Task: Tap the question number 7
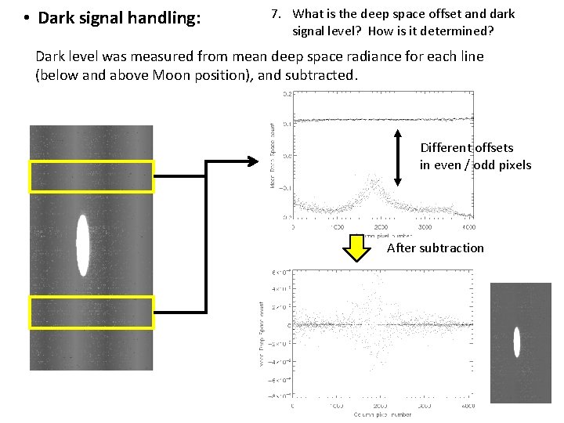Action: click(x=275, y=14)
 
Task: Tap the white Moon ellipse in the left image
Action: click(x=81, y=245)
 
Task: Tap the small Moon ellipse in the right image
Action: click(x=516, y=342)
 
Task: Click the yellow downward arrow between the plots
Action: click(x=358, y=248)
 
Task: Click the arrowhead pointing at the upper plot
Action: click(x=252, y=161)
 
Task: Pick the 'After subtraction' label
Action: click(x=436, y=248)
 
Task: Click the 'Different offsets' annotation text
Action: click(x=467, y=147)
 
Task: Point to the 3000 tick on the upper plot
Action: click(x=425, y=227)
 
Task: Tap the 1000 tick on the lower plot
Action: click(x=338, y=407)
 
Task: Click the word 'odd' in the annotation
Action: click(x=486, y=164)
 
